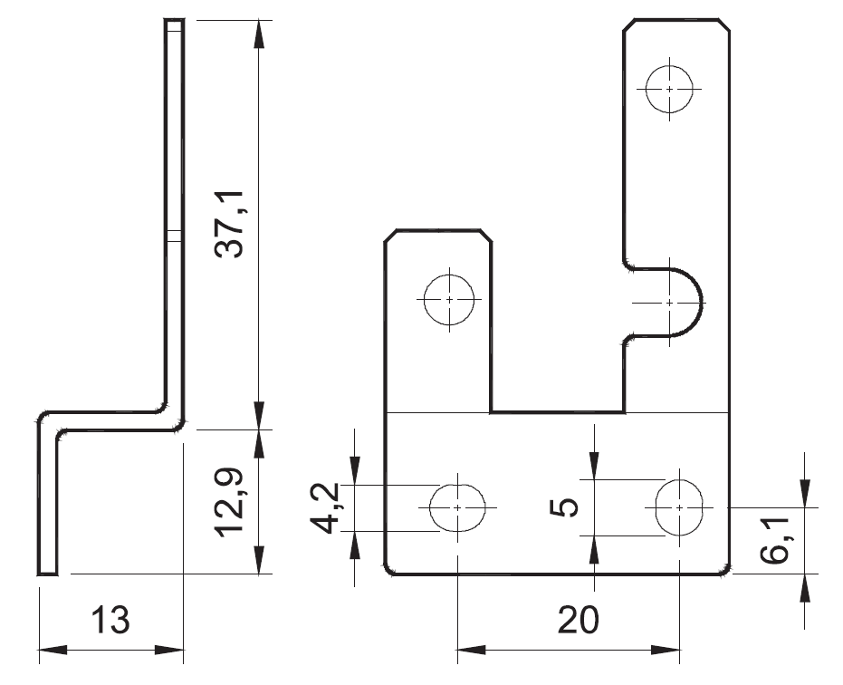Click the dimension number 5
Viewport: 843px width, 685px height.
click(x=565, y=507)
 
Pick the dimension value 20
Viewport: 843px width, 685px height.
click(x=579, y=621)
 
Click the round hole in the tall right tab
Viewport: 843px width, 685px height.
click(x=669, y=89)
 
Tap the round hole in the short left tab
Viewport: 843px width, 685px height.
click(x=450, y=298)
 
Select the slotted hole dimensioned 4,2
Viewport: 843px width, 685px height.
click(x=457, y=507)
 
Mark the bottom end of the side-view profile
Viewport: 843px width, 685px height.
click(x=47, y=571)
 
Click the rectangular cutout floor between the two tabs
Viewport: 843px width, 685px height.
click(x=558, y=412)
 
